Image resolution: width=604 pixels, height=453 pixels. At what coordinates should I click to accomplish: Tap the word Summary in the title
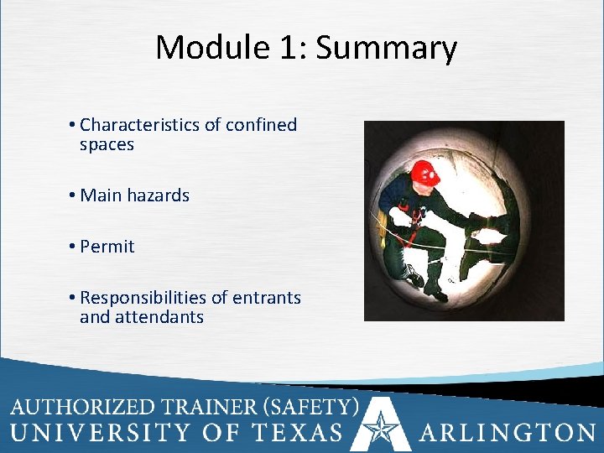[x=387, y=48]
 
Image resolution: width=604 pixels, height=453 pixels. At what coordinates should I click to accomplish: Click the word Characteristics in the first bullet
[x=140, y=125]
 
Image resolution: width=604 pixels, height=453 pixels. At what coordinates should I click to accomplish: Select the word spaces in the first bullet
[x=107, y=144]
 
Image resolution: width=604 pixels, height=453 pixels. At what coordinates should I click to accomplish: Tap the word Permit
[x=107, y=247]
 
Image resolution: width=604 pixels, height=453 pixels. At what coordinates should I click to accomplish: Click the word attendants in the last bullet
[x=159, y=317]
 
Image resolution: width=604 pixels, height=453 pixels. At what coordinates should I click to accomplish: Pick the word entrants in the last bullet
[x=267, y=298]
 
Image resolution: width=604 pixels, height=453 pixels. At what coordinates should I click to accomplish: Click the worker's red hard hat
[x=426, y=173]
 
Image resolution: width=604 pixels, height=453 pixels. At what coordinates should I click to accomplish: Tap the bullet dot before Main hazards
[x=74, y=195]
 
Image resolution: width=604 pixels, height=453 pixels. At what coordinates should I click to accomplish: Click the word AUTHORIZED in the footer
[x=84, y=407]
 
